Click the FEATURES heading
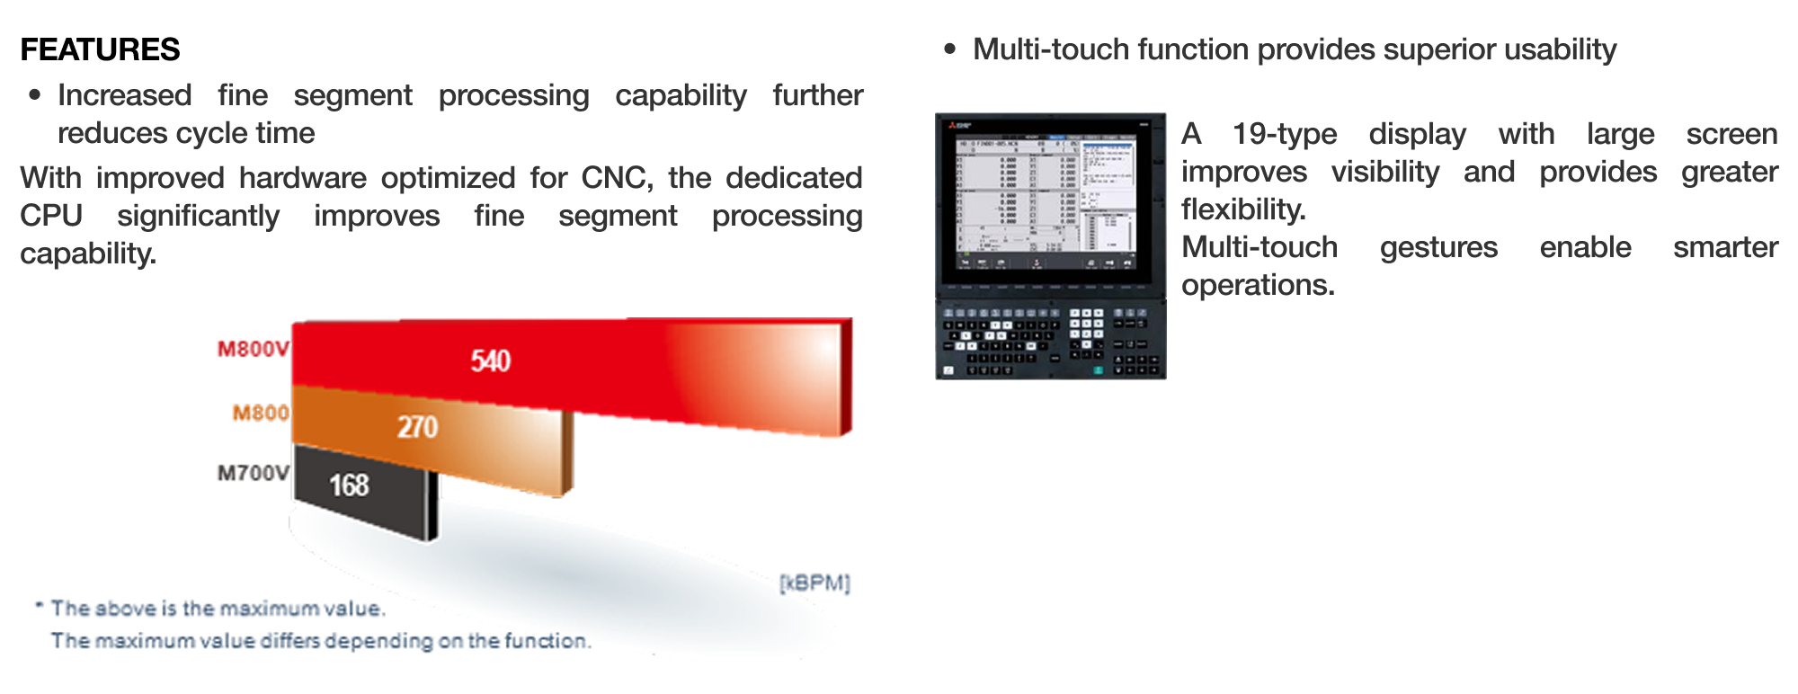[100, 49]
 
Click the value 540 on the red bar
[490, 361]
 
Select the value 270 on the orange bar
[417, 427]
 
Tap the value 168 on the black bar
[349, 485]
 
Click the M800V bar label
[253, 349]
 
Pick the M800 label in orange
[261, 413]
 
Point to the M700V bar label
[253, 473]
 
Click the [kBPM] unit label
[814, 583]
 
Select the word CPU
[50, 216]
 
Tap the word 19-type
[1284, 134]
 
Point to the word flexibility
[1242, 209]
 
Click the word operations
[1257, 285]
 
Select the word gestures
[1438, 247]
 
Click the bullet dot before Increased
[35, 94]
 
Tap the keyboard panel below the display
[1050, 340]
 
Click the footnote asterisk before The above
[39, 605]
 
